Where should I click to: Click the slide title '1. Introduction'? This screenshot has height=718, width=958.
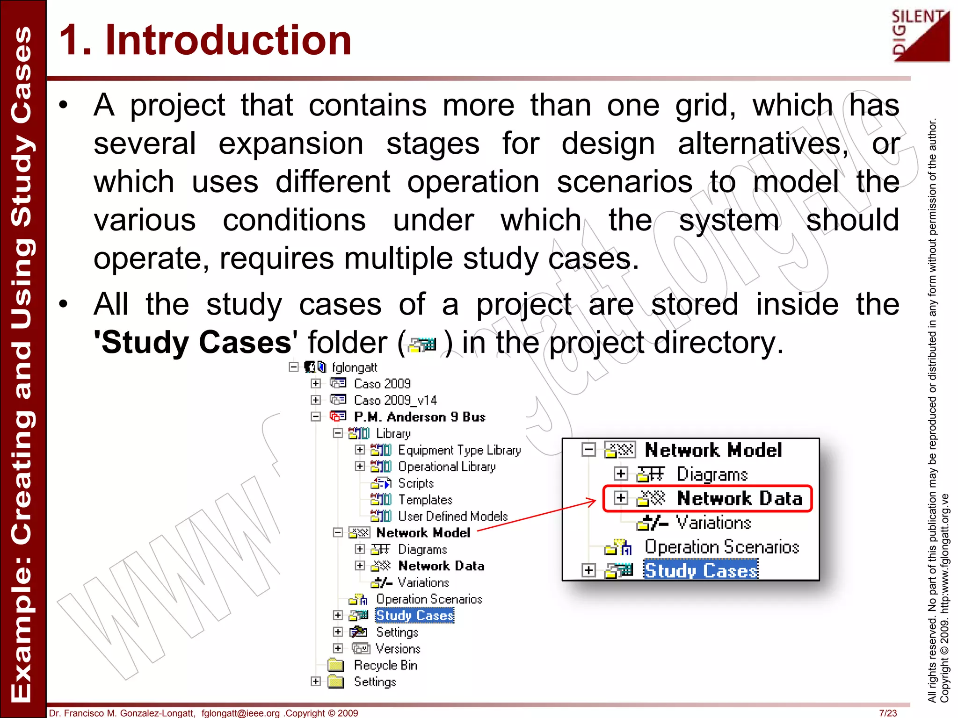pyautogui.click(x=205, y=40)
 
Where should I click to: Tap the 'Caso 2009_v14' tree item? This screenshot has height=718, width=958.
pyautogui.click(x=395, y=400)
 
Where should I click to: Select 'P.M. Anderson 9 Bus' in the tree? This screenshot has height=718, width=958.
pyautogui.click(x=419, y=416)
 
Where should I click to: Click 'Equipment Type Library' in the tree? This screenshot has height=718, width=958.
pyautogui.click(x=459, y=450)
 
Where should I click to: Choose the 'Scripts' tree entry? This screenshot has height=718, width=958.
pyautogui.click(x=415, y=483)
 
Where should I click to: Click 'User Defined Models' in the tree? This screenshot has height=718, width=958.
pyautogui.click(x=452, y=516)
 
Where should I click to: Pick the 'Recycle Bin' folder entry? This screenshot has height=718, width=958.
pyautogui.click(x=385, y=665)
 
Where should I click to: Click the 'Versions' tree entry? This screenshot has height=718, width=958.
pyautogui.click(x=398, y=649)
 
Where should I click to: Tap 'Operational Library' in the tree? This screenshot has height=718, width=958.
pyautogui.click(x=446, y=467)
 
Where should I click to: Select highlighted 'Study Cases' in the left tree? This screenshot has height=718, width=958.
pyautogui.click(x=414, y=616)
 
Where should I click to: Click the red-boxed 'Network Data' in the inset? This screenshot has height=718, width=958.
pyautogui.click(x=739, y=499)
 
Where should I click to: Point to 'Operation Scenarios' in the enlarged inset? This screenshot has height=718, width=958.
pyautogui.click(x=721, y=547)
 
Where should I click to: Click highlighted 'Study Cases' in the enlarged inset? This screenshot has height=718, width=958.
pyautogui.click(x=700, y=570)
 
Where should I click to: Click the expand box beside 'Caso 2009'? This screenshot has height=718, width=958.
pyautogui.click(x=316, y=383)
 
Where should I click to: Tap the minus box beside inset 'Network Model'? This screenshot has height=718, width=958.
pyautogui.click(x=589, y=450)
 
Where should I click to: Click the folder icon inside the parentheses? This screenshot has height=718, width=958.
pyautogui.click(x=422, y=345)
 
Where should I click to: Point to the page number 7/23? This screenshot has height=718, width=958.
pyautogui.click(x=888, y=713)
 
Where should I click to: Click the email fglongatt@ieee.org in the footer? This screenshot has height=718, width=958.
pyautogui.click(x=240, y=713)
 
